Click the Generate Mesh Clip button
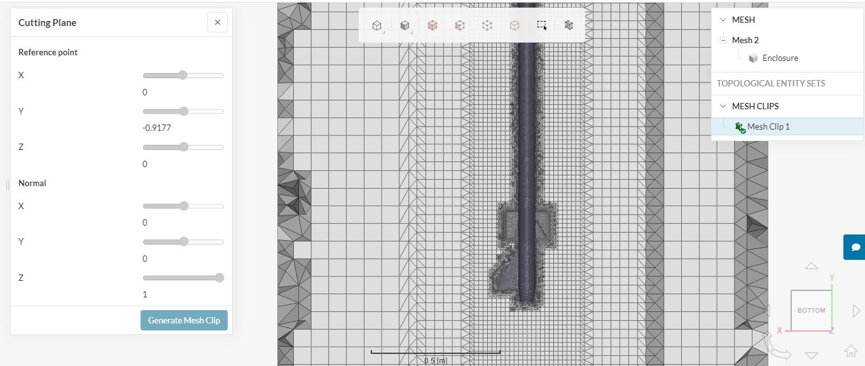tap(184, 320)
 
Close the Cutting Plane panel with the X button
tap(218, 22)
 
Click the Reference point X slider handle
tap(183, 75)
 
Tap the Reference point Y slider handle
tap(184, 111)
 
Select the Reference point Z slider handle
tap(184, 147)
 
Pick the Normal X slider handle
tap(184, 206)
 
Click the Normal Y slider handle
tap(184, 242)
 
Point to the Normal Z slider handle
tap(219, 278)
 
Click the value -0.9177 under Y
tap(156, 128)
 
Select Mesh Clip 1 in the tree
tap(768, 126)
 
